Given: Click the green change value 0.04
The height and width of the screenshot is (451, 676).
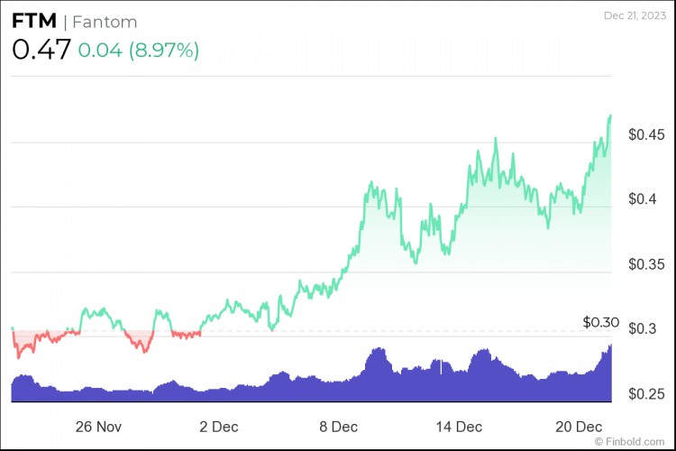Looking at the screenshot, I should pyautogui.click(x=98, y=51).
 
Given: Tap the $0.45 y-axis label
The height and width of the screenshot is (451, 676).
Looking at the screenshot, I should pyautogui.click(x=646, y=134).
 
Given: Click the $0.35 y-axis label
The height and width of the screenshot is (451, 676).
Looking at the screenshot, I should pyautogui.click(x=646, y=264).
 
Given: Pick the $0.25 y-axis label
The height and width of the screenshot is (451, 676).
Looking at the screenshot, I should pyautogui.click(x=646, y=394).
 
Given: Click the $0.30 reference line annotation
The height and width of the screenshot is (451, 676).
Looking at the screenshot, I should pyautogui.click(x=601, y=321).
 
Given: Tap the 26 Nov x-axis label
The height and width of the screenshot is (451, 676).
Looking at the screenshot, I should pyautogui.click(x=98, y=426).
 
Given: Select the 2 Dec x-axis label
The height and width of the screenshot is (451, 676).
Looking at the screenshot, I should pyautogui.click(x=219, y=426).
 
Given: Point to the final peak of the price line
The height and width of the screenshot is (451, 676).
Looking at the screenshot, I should pyautogui.click(x=611, y=115).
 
